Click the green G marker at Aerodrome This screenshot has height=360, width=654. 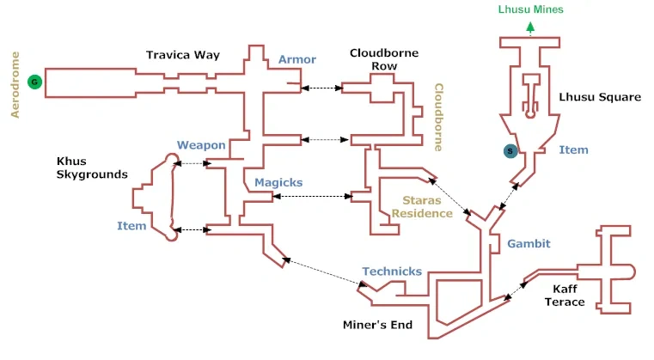pos(34,82)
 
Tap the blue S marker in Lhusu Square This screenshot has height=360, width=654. pos(510,151)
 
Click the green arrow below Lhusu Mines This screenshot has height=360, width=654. pos(530,27)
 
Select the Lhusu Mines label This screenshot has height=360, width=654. pos(531,10)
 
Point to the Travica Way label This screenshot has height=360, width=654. pos(183,55)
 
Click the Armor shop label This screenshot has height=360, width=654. pos(297,59)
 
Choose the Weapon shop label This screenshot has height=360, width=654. pos(201,145)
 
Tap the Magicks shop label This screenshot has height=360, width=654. pos(279,183)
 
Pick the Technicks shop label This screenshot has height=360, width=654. pos(392,272)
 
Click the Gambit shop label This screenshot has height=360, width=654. pos(529,244)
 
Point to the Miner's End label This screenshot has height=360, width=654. pos(378,325)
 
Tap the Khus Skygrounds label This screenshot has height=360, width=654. pos(92,168)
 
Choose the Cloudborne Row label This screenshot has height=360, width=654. pos(384,59)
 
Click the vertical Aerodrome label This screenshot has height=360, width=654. pos(15,82)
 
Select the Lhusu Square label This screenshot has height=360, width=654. pos(600,97)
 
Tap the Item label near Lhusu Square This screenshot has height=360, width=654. pos(573,150)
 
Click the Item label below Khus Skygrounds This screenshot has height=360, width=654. pos(131,226)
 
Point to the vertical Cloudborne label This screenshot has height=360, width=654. pos(437,117)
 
